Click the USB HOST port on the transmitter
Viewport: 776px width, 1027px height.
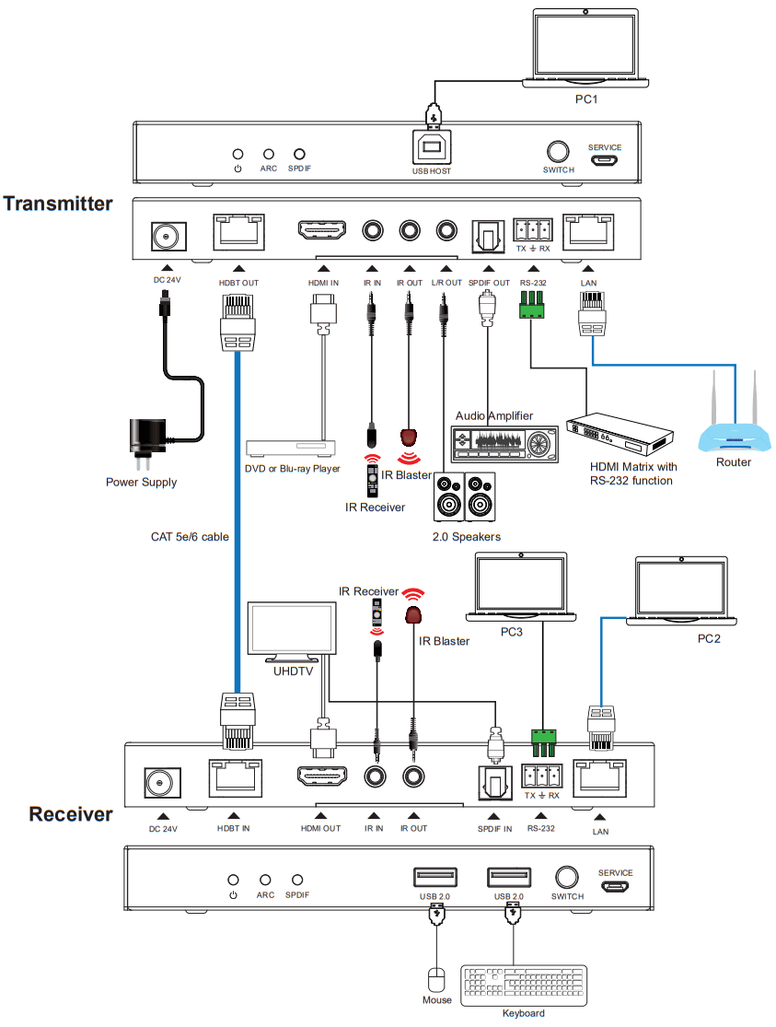[432, 148]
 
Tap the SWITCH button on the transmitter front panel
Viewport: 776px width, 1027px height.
[558, 152]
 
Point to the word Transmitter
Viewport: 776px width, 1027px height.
[58, 204]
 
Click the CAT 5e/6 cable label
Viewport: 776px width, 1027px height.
[190, 535]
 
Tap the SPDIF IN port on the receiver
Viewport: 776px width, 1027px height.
[494, 782]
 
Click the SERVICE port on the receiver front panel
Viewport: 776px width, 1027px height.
[615, 888]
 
